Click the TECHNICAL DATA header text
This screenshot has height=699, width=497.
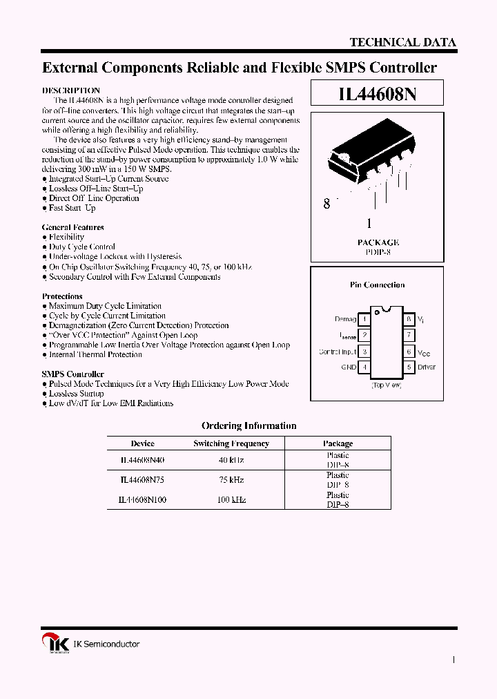(x=402, y=42)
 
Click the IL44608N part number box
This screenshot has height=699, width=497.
(x=377, y=95)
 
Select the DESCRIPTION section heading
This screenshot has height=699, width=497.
(x=71, y=90)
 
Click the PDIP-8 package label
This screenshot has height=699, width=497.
(x=378, y=253)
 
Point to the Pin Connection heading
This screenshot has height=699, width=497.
(x=378, y=285)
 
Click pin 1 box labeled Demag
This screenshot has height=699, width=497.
(x=364, y=320)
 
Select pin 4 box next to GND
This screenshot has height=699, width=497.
(x=364, y=367)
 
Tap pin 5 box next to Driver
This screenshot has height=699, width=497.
(x=409, y=367)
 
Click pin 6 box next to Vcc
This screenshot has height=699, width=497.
(x=409, y=352)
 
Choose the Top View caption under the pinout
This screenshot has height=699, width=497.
(x=387, y=385)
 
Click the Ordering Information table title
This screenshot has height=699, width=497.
(x=248, y=426)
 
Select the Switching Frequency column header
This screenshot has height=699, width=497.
(x=231, y=443)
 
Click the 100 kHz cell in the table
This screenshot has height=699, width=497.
(x=231, y=499)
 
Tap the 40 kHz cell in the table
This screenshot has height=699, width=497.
(x=231, y=460)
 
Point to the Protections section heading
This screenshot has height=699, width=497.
(x=62, y=296)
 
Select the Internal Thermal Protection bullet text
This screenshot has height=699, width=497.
(x=95, y=354)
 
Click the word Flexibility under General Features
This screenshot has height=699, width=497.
(x=66, y=237)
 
